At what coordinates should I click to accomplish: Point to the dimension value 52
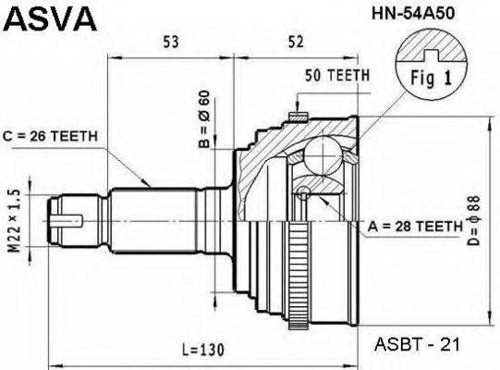coord(296,42)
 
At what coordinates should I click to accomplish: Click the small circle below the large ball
coord(302,193)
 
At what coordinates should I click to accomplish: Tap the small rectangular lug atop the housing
coord(298,116)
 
